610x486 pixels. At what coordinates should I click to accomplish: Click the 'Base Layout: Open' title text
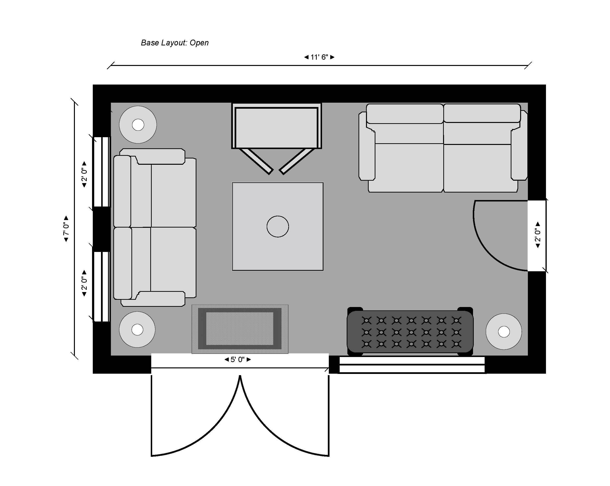tap(175, 43)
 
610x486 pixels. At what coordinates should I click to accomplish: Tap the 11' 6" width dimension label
tap(319, 57)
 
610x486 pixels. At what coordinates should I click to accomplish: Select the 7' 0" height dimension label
tap(66, 229)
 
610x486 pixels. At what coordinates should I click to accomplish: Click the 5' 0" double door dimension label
tap(237, 360)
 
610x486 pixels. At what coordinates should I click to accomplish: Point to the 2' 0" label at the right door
tap(538, 235)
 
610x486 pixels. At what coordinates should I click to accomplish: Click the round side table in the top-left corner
tap(138, 125)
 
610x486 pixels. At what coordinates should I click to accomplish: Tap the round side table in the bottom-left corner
tap(137, 329)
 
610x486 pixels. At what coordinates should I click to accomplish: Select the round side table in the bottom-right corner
tap(504, 332)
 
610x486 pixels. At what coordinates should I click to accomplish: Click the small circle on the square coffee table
tap(278, 227)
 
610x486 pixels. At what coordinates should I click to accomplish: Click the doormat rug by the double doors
tap(240, 329)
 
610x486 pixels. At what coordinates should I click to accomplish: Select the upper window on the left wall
tap(101, 172)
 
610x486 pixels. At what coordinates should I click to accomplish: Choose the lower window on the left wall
tap(101, 286)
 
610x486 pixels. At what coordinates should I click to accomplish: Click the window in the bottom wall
tap(412, 365)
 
